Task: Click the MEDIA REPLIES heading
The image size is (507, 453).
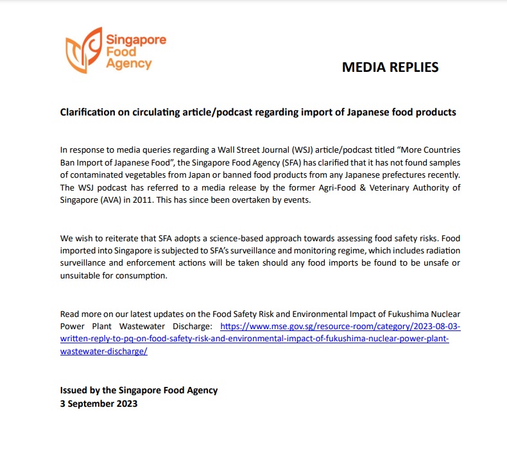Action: [x=390, y=67]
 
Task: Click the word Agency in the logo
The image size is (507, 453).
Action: [x=129, y=64]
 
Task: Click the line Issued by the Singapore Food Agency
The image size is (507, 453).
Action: [x=139, y=390]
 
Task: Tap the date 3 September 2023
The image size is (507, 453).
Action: [x=98, y=404]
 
